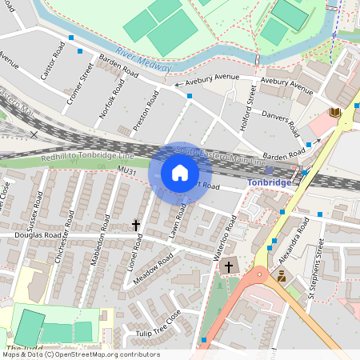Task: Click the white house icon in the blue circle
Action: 180,172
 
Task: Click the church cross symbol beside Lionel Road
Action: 136,226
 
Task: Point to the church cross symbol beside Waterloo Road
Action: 229,266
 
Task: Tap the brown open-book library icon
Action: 334,113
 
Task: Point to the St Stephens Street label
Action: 316,274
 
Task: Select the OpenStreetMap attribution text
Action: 80,354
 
